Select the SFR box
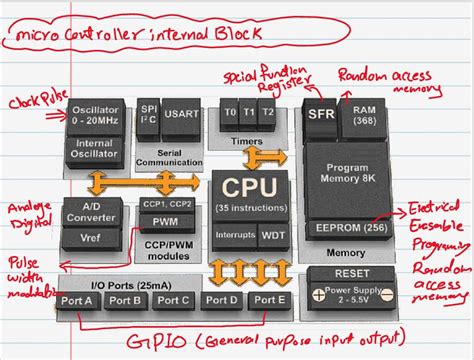[320, 114]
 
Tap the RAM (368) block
[364, 114]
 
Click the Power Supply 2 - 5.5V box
[350, 294]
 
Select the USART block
[181, 114]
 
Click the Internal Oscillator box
[95, 149]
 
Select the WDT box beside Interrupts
[272, 233]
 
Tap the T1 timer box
[250, 113]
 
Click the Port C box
[174, 300]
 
